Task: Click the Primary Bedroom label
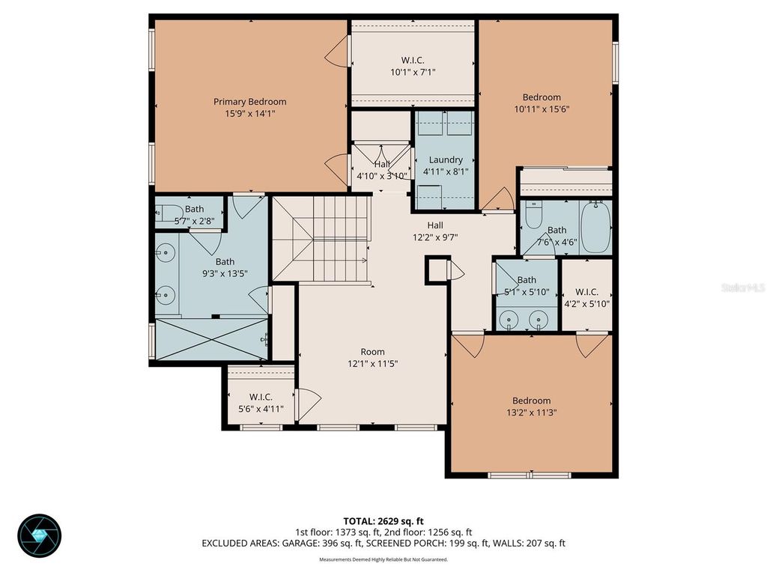tap(249, 102)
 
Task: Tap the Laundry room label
tap(445, 160)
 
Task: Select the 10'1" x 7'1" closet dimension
tap(413, 73)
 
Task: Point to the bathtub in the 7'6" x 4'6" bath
tap(595, 228)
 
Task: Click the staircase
tap(320, 239)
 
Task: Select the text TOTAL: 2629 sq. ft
tap(383, 521)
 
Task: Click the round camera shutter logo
tap(40, 536)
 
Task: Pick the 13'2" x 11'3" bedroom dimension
tap(531, 413)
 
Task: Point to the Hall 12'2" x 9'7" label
tap(435, 231)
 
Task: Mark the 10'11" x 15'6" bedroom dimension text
tap(542, 109)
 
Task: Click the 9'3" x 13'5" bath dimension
tap(225, 273)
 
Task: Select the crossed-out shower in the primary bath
tap(211, 339)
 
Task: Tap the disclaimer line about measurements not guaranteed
tap(383, 559)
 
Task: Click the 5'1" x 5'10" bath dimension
tap(527, 292)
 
